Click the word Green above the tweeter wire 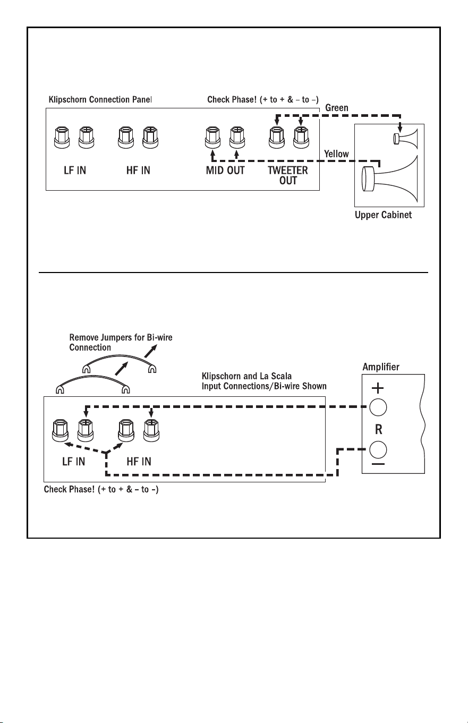coord(337,108)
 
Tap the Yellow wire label coord(336,154)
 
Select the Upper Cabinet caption coord(383,215)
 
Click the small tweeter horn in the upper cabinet coord(405,139)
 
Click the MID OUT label coord(225,171)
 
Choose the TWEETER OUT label coord(288,175)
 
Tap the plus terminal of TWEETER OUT coord(301,138)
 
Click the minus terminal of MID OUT coord(212,138)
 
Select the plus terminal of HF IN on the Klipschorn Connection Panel coord(150,138)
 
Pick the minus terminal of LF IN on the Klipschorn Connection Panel coord(62,138)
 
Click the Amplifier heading coord(381,367)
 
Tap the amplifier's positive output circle coord(378,407)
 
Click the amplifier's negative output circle coord(378,449)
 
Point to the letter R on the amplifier coord(379,429)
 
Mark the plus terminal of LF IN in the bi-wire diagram coord(86,431)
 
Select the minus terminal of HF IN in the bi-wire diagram coord(126,431)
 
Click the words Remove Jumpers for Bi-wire coord(121,338)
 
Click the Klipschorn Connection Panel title coord(100,99)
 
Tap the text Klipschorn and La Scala coord(246,376)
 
